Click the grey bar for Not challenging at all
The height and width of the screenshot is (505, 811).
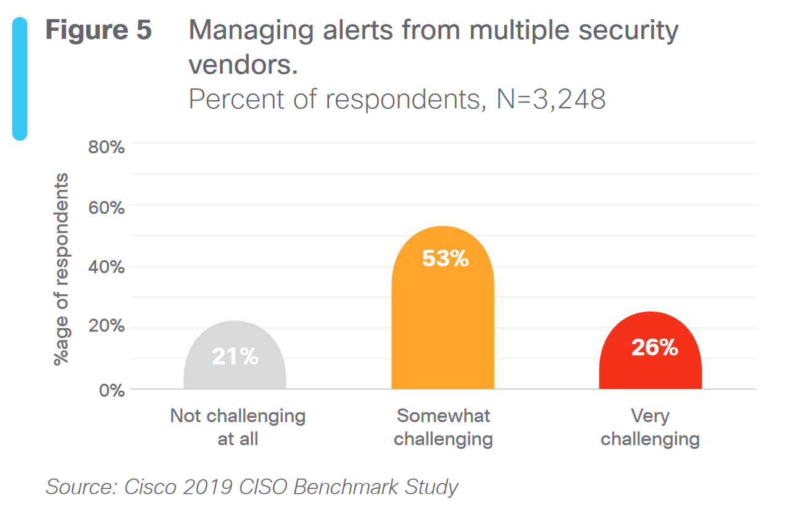point(235,371)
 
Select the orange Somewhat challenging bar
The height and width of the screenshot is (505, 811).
point(443,321)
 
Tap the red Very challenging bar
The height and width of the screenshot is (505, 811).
point(650,371)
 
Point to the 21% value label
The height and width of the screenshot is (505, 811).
point(235,356)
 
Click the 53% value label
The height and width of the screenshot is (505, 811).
point(445,258)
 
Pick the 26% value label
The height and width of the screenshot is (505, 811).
point(654,348)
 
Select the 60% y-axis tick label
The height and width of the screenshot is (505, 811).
point(109,207)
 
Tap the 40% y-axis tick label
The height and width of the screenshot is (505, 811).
point(109,267)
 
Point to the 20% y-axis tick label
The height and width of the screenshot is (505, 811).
point(109,327)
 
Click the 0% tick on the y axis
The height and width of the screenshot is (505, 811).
point(112,391)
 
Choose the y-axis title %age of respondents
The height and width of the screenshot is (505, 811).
point(62,269)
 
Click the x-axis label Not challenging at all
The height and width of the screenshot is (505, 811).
point(238,427)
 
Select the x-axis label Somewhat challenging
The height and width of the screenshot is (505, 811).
point(443,427)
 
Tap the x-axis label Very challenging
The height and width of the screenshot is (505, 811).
point(650,427)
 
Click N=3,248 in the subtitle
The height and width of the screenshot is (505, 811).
point(551,99)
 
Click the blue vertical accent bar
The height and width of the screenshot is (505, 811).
point(20,79)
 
